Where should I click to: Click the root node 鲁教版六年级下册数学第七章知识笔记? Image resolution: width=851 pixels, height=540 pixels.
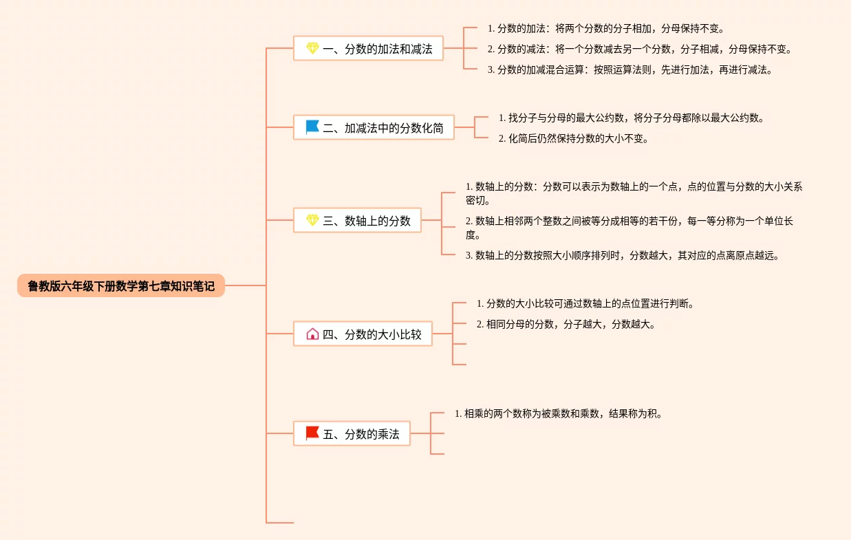(121, 285)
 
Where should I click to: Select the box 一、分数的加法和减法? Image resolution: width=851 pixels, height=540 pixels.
(368, 48)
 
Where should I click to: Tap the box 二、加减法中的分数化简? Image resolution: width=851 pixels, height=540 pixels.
(374, 127)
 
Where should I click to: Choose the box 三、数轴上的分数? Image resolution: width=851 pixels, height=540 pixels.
(357, 220)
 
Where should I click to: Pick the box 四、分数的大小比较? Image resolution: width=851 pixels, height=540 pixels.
(363, 334)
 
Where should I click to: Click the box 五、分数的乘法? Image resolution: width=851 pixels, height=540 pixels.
(352, 433)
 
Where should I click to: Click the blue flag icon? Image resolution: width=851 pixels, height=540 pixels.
(312, 127)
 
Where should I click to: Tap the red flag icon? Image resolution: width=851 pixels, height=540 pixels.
(312, 433)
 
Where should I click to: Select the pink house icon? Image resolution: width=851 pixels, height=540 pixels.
(312, 334)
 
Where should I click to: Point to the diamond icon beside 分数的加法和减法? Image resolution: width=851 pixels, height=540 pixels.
(312, 48)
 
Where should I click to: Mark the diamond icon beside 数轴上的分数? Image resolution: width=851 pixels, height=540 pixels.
(312, 220)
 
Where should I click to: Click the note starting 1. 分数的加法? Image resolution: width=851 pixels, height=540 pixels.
(606, 28)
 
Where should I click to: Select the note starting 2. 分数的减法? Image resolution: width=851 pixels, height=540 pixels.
(640, 49)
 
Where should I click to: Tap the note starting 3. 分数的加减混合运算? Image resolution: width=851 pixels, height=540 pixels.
(630, 70)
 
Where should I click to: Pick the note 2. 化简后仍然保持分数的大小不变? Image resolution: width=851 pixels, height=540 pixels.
(573, 138)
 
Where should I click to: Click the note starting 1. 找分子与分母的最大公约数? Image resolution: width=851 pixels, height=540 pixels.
(632, 118)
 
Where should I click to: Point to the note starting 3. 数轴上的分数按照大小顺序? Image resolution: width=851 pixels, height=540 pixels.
(623, 256)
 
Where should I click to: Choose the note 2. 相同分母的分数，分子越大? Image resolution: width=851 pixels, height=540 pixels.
(566, 324)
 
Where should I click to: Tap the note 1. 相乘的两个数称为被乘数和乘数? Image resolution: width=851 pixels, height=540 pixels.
(559, 413)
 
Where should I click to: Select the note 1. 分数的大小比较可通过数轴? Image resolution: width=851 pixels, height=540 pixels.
(585, 304)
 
